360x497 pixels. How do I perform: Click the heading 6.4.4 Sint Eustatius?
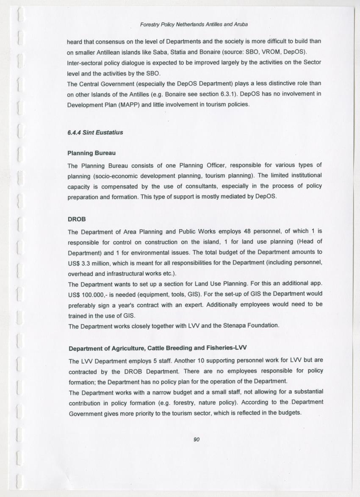pos(95,132)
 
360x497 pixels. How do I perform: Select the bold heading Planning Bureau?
pos(91,153)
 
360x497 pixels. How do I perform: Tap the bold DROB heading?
pos(77,219)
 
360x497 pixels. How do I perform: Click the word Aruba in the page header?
pos(240,24)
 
